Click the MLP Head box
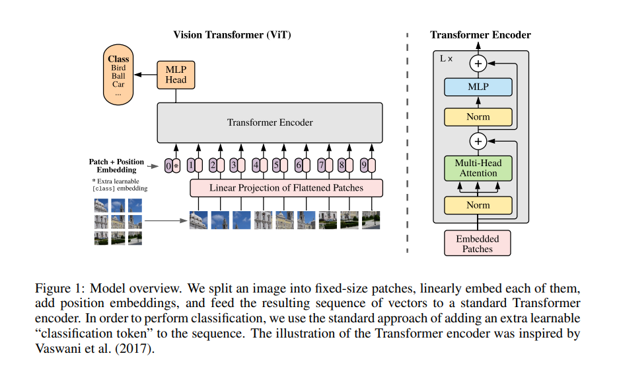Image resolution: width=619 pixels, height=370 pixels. pos(176,74)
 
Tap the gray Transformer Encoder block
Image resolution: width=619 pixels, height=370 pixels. pos(270,122)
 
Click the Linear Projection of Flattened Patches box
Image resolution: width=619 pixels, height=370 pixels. pos(286,188)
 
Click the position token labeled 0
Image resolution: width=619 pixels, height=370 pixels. pos(168,165)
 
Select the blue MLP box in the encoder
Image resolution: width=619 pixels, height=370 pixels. pos(478,87)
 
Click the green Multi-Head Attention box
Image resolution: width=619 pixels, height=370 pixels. pos(478,168)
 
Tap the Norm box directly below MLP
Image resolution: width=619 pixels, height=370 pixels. pos(478,117)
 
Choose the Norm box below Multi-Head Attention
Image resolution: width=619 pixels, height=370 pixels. pos(478,205)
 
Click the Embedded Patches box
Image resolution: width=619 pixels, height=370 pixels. pos(478,244)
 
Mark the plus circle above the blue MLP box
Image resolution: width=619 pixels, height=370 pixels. pos(478,64)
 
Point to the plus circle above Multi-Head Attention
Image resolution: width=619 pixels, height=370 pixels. pos(478,141)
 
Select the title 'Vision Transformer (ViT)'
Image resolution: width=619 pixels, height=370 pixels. pos(232,34)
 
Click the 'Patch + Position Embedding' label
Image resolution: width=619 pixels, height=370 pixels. pos(117,165)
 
